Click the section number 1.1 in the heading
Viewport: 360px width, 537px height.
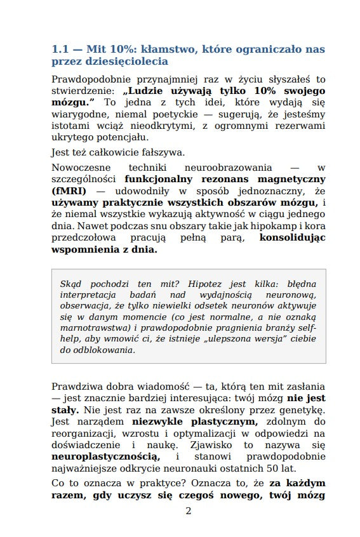(x=60, y=49)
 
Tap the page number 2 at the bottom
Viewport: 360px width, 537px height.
(x=188, y=511)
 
